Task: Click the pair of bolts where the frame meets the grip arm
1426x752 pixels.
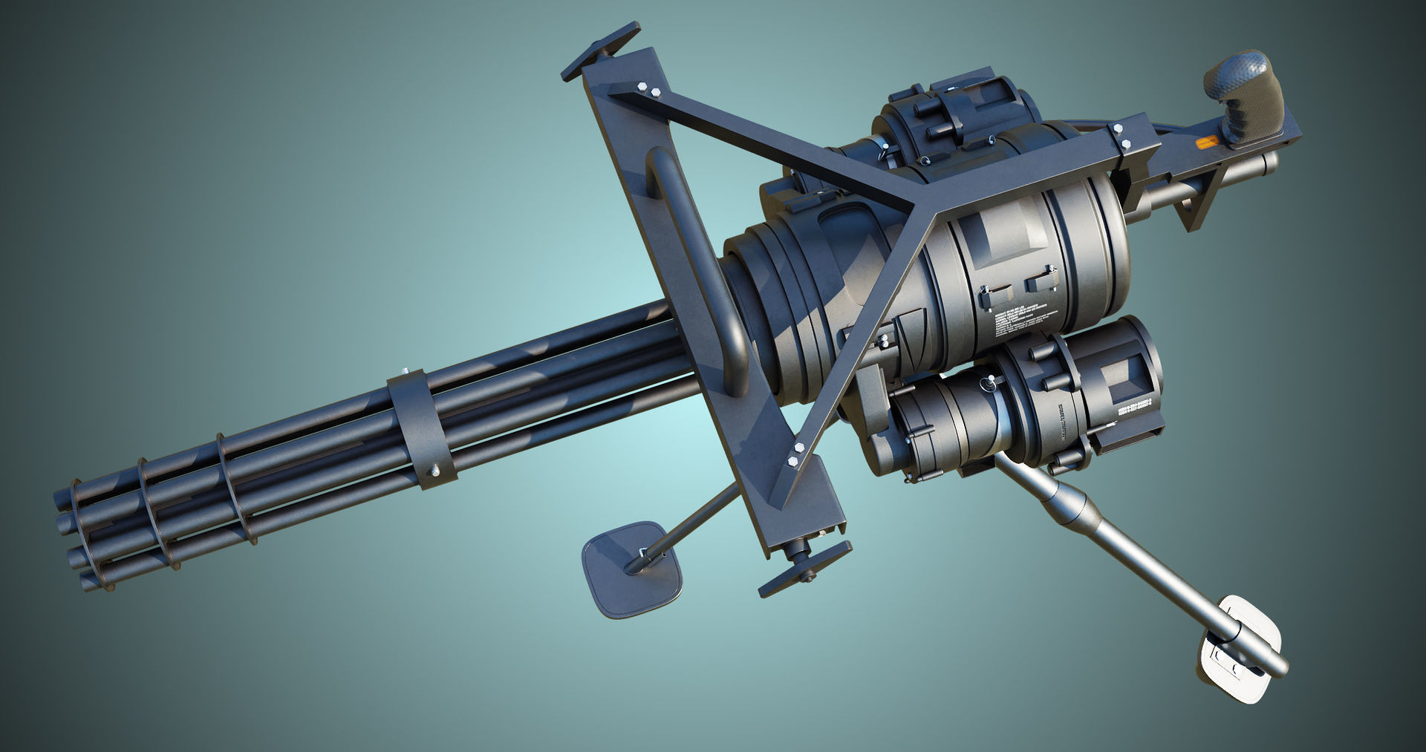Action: pos(1121,136)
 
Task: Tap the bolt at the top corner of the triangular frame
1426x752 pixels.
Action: pos(648,90)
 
